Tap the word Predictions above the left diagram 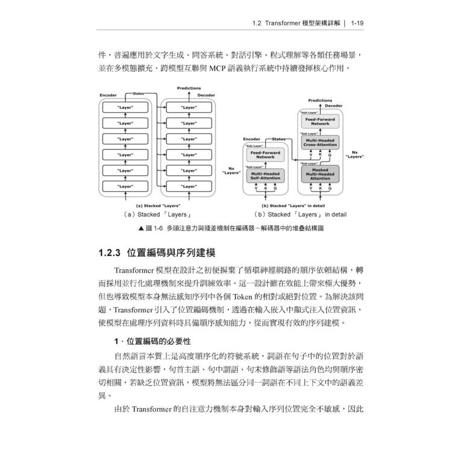tap(189, 88)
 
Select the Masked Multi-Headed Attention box tap(320, 174)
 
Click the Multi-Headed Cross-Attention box tap(320, 143)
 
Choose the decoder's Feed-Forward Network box tap(320, 121)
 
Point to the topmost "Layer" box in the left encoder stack tap(125, 107)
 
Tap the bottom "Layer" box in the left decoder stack tap(189, 187)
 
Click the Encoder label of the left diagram tap(108, 95)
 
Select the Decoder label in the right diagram tap(334, 105)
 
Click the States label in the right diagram tap(278, 139)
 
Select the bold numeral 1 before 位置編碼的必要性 tap(116, 342)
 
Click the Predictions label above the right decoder tap(320, 101)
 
